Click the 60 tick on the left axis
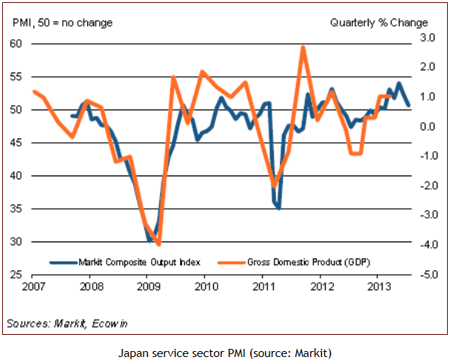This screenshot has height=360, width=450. (x=16, y=44)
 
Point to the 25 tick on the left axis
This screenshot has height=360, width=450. (x=16, y=275)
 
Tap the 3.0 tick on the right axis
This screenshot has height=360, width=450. (x=428, y=38)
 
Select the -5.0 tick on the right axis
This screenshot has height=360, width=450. (x=429, y=274)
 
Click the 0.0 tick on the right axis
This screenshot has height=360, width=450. (x=428, y=127)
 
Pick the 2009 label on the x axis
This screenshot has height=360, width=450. (x=148, y=287)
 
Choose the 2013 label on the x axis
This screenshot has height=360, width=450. (x=379, y=287)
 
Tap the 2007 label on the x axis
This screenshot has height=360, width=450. (x=33, y=287)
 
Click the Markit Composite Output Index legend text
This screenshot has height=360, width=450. (x=139, y=262)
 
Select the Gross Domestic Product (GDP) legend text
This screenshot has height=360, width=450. (x=309, y=262)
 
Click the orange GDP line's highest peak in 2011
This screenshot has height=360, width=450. (x=303, y=47)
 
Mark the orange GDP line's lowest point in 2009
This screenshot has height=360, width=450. (x=159, y=244)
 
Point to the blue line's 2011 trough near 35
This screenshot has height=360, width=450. (x=279, y=207)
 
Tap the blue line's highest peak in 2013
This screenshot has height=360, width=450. (x=399, y=83)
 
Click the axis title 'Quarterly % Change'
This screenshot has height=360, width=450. (x=379, y=23)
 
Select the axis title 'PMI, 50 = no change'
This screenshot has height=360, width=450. (x=63, y=23)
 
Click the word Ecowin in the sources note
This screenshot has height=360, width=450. (x=110, y=324)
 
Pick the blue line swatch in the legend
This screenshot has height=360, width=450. (x=64, y=263)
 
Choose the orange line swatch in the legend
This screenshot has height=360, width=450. (x=232, y=263)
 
